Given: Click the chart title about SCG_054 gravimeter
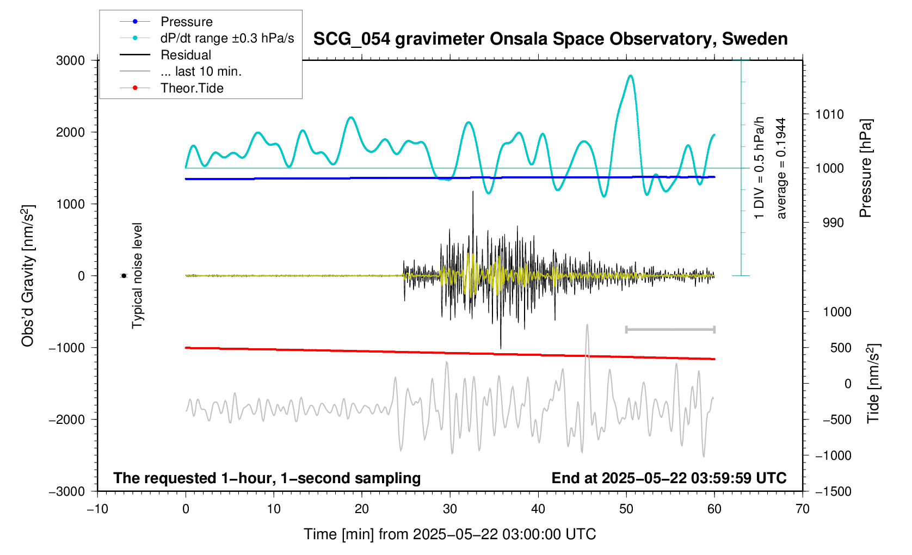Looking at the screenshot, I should pyautogui.click(x=550, y=39).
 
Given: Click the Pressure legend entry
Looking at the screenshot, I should pyautogui.click(x=186, y=22).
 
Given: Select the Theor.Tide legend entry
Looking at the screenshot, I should pyautogui.click(x=192, y=88).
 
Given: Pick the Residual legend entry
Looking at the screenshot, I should pyautogui.click(x=186, y=55).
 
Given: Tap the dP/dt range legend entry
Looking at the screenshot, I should pyautogui.click(x=227, y=38).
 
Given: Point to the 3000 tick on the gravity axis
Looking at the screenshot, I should pyautogui.click(x=71, y=60).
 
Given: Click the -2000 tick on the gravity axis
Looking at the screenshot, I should pyautogui.click(x=67, y=420).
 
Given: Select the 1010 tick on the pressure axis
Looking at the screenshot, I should pyautogui.click(x=829, y=114).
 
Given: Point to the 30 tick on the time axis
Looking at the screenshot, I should pyautogui.click(x=450, y=509).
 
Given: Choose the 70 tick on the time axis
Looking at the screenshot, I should pyautogui.click(x=802, y=509).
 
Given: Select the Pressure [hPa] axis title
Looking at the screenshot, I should pyautogui.click(x=865, y=168).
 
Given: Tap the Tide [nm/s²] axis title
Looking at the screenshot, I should pyautogui.click(x=873, y=384).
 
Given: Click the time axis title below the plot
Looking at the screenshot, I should pyautogui.click(x=449, y=534).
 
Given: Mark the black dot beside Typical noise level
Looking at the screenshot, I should pyautogui.click(x=124, y=276).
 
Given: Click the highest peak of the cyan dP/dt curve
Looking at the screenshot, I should pyautogui.click(x=631, y=76).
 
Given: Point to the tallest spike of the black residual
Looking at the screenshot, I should pyautogui.click(x=473, y=192).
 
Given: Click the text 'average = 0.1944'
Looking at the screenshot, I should pyautogui.click(x=781, y=168).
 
